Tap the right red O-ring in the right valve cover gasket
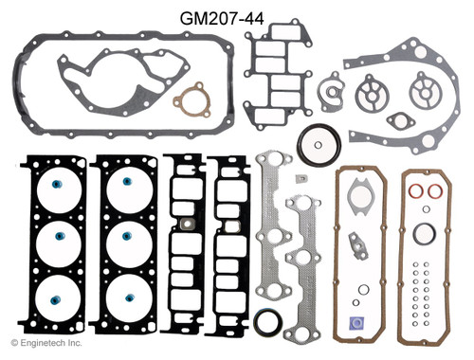pos(437,191)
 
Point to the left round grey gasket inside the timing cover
pos(374,98)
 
